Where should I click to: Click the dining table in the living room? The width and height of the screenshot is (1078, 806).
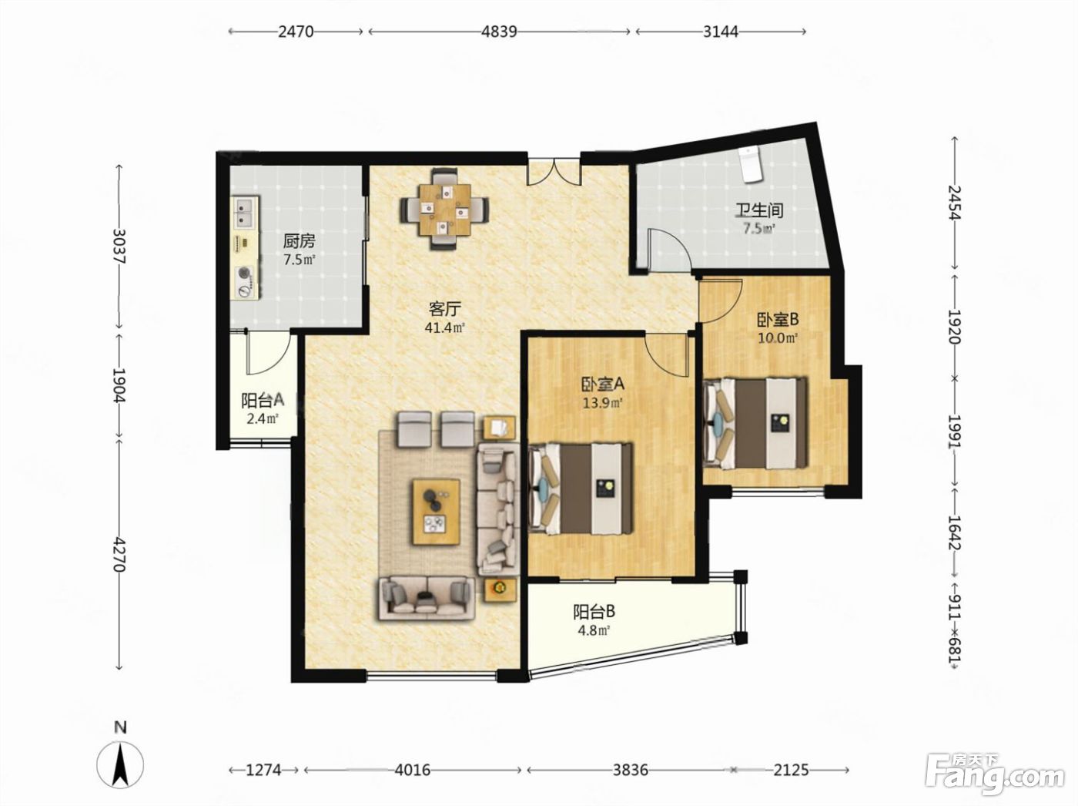tap(444, 210)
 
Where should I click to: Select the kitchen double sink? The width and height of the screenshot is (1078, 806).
tap(245, 213)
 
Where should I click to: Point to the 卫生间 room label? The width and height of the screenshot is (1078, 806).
tap(758, 211)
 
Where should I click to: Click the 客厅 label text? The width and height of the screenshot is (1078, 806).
tap(445, 309)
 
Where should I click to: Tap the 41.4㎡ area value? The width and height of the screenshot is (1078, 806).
tap(445, 327)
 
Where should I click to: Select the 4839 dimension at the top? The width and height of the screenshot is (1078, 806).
tap(499, 32)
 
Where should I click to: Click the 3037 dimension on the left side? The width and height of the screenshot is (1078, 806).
tap(119, 246)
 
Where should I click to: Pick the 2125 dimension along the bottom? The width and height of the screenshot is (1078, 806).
tap(792, 769)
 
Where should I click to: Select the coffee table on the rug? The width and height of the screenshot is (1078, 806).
tap(436, 512)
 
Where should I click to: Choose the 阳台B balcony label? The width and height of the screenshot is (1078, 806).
tap(594, 612)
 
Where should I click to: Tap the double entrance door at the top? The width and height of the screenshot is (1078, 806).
tap(554, 172)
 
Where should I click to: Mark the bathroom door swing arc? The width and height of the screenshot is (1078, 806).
tap(669, 249)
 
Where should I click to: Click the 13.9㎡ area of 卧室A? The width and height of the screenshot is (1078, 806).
tap(603, 403)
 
